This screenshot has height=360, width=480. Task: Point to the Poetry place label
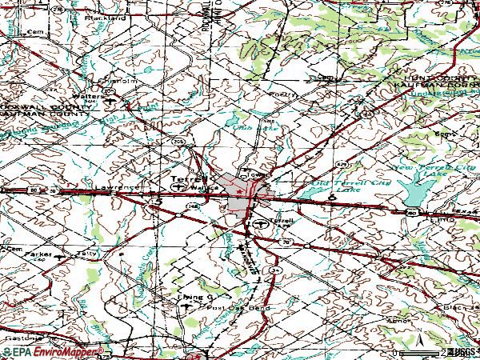pyautogui.click(x=278, y=94)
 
